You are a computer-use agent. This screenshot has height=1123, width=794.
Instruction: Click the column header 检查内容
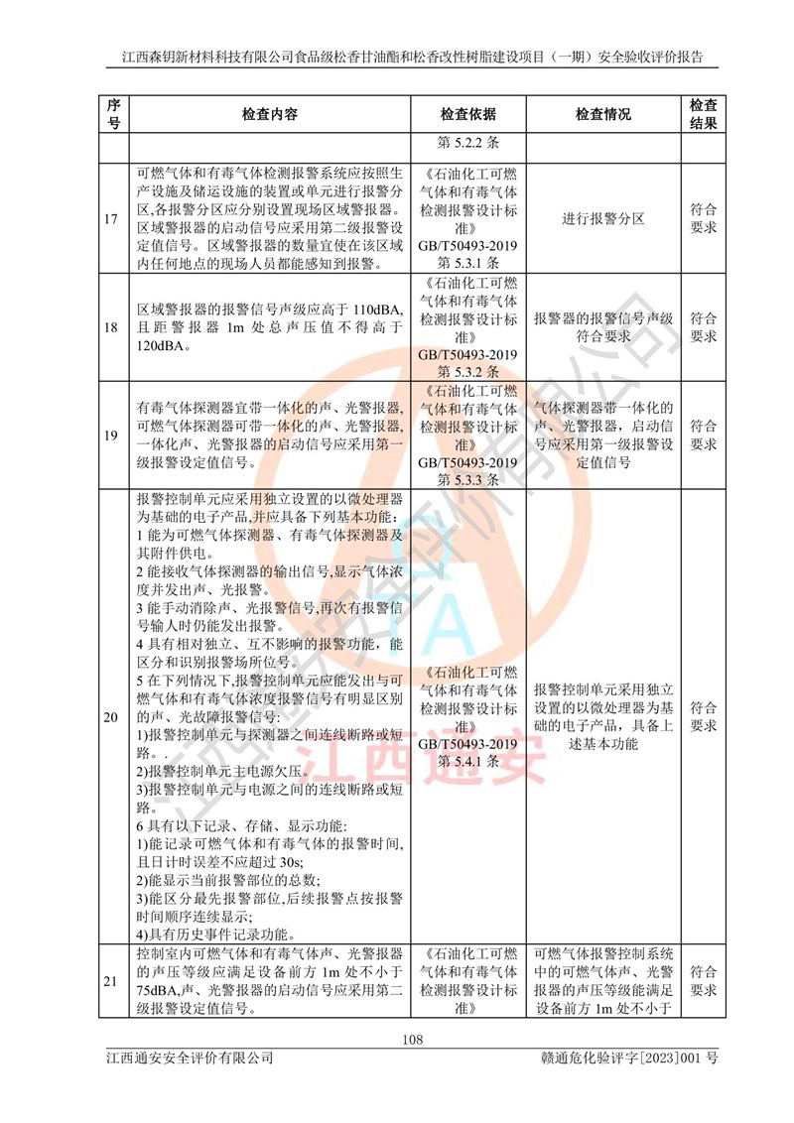coord(269,114)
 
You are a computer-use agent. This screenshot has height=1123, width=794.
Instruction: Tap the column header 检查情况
coord(602,114)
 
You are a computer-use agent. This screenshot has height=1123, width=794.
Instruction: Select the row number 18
coord(114,328)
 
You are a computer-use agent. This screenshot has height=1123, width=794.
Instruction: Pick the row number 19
coord(114,435)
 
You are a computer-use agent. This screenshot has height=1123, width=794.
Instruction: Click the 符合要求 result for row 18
coord(703,327)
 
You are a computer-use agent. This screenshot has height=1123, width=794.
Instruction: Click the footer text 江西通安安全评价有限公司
coord(190,1062)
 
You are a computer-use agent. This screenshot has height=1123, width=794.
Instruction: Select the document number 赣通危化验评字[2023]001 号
coord(623,1062)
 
